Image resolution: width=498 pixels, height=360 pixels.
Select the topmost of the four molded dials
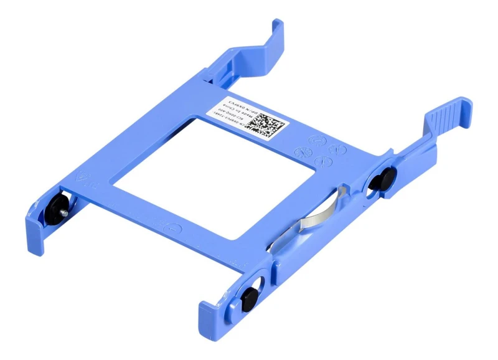click(x=317, y=140)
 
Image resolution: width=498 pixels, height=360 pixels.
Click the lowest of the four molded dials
click(x=324, y=162)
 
